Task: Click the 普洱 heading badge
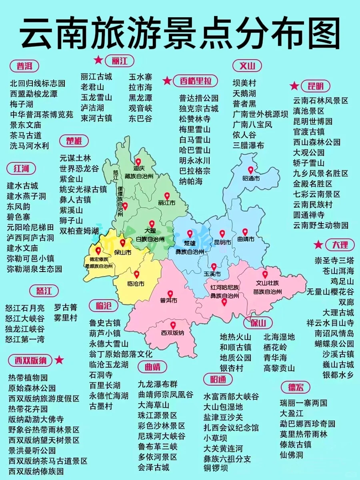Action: [x=24, y=66]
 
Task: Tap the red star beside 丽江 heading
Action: [x=98, y=60]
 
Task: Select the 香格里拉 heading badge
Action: [x=195, y=81]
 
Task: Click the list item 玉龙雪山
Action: [x=96, y=97]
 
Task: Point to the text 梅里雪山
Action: [x=195, y=129]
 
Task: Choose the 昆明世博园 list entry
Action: [x=313, y=121]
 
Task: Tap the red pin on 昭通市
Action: [x=251, y=170]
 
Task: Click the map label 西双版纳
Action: [x=172, y=332]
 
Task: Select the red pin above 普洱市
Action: [x=170, y=294]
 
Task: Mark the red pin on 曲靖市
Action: [x=245, y=232]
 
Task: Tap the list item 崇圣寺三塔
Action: [x=334, y=260]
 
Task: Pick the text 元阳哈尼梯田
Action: [x=30, y=227]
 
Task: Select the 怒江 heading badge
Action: [x=44, y=290]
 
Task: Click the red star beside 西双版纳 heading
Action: [x=59, y=360]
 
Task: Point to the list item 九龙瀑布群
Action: [x=158, y=384]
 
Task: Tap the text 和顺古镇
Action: [x=236, y=347]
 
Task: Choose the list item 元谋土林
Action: [x=75, y=158]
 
